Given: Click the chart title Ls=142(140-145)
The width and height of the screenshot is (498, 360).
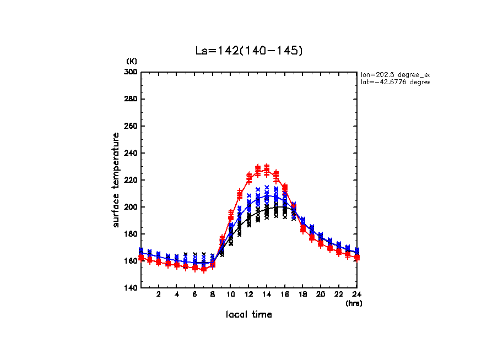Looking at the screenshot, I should [x=249, y=51].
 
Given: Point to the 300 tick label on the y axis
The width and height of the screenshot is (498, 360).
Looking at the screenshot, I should [x=132, y=72].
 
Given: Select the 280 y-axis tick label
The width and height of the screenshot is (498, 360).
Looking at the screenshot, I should [x=132, y=99].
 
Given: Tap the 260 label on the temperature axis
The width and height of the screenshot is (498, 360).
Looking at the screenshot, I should [x=132, y=126].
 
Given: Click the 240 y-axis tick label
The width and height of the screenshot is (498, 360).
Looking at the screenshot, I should [x=132, y=153].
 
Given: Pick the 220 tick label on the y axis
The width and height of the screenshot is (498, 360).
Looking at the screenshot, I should [x=132, y=180].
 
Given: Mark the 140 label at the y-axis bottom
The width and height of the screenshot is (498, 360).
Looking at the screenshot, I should [x=132, y=288].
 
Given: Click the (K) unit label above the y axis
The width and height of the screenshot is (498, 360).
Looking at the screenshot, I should [x=132, y=61].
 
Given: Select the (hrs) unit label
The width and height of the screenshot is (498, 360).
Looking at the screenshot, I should [x=354, y=303].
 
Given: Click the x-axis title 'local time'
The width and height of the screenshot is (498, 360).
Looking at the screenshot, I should [x=249, y=315].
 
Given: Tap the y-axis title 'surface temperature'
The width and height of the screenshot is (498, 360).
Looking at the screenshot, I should [x=116, y=180].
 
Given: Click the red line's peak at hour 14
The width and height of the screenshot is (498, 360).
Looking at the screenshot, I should [x=267, y=169].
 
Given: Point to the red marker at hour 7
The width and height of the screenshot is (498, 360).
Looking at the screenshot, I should [x=204, y=269].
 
